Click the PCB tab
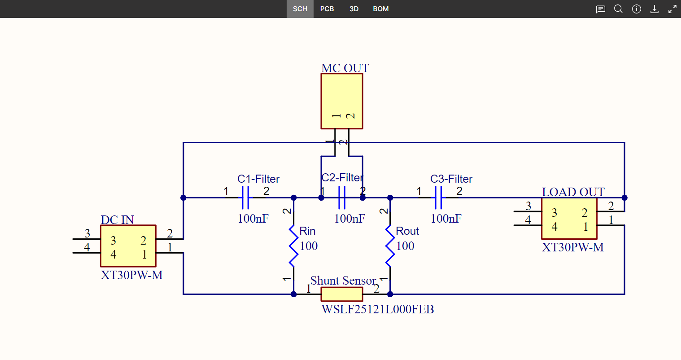coord(327,9)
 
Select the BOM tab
coord(380,9)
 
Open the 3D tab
coord(354,9)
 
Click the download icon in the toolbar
coord(655,9)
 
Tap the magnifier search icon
coord(618,9)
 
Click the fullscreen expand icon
coord(672,9)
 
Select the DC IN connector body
coord(128,246)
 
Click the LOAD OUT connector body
coord(569,218)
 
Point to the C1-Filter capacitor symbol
coord(245,198)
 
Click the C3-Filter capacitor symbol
coord(438,198)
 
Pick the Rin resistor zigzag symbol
coord(293,246)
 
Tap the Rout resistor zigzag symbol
coord(390,246)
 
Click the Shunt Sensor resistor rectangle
coord(342,294)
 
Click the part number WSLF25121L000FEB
coord(378,309)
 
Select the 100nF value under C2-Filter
coord(349,219)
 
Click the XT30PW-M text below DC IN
coord(131,275)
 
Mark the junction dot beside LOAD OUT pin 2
coord(624,198)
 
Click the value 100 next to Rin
coord(309,246)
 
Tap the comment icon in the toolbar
coord(600,9)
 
